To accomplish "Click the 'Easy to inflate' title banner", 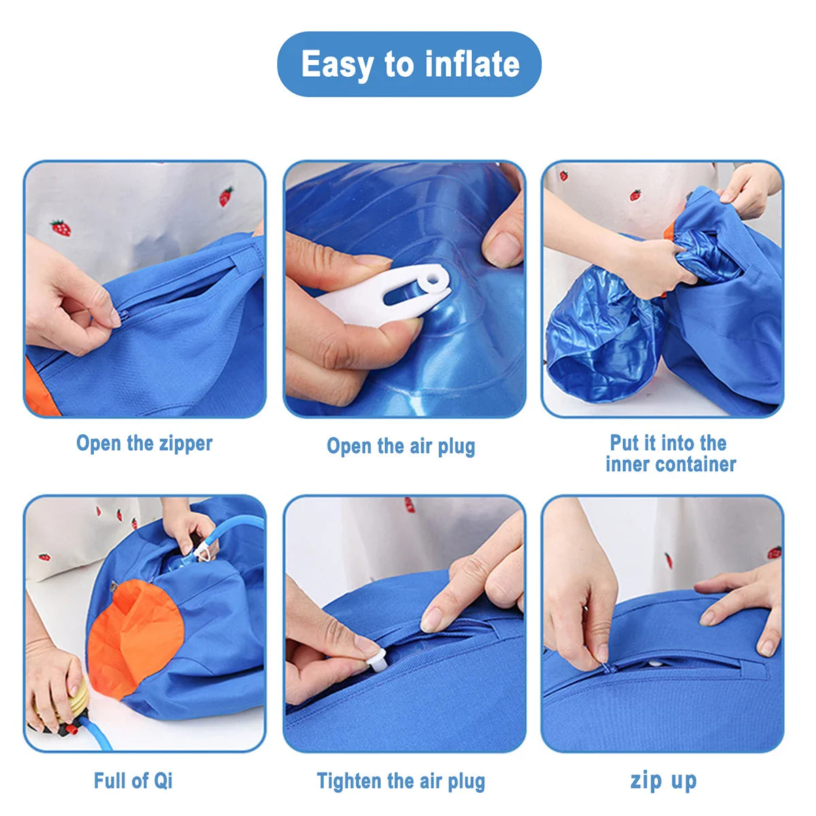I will tap(409, 64).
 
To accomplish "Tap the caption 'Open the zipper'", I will tap(144, 443).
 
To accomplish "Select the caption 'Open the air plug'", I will tap(401, 446).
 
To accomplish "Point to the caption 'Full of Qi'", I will tap(133, 780).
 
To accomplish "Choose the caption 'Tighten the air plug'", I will tap(401, 781).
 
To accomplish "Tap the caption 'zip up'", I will tap(663, 780).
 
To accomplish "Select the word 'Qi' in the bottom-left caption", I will tap(163, 780).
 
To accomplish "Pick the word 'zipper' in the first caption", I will tap(186, 443).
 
